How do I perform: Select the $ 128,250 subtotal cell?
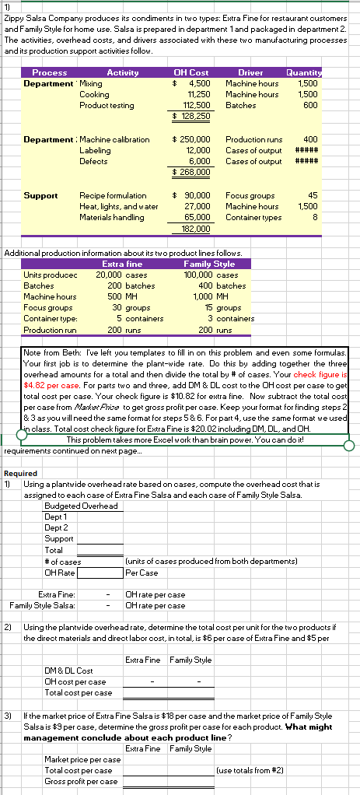coord(190,116)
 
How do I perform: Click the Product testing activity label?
coord(107,105)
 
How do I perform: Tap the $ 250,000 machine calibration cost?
coord(190,138)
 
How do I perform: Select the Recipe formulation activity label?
coord(113,194)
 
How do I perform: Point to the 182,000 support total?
coord(194,228)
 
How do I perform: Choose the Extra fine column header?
coord(119,264)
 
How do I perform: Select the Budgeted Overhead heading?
coord(82,506)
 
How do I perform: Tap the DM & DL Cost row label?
coord(70,670)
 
